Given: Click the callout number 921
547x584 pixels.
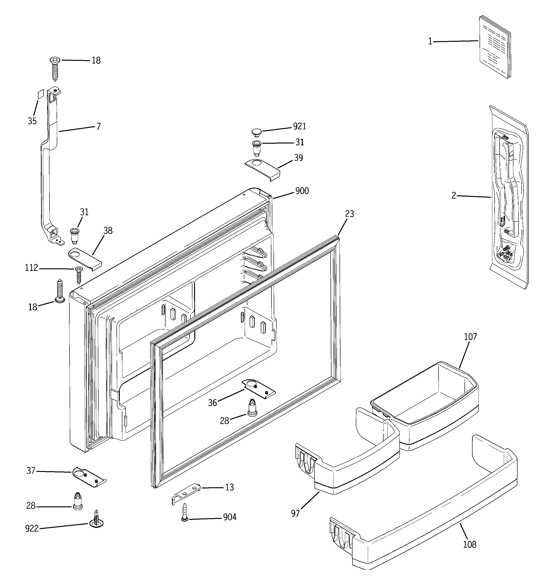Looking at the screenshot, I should (x=299, y=126).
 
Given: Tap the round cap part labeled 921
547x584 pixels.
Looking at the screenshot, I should (x=257, y=132).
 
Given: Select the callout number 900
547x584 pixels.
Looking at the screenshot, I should (x=302, y=191).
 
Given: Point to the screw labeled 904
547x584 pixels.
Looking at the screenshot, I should (x=184, y=512).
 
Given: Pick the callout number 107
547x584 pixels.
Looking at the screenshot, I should (x=470, y=337).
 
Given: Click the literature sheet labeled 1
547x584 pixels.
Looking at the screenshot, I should (x=495, y=47).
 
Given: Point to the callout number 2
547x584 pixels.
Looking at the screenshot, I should (x=454, y=196).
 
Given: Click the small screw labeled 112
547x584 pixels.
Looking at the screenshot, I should (x=79, y=273).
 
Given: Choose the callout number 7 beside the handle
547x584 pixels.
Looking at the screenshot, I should (x=98, y=127).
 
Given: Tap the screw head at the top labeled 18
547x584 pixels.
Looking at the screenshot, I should (x=55, y=60).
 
